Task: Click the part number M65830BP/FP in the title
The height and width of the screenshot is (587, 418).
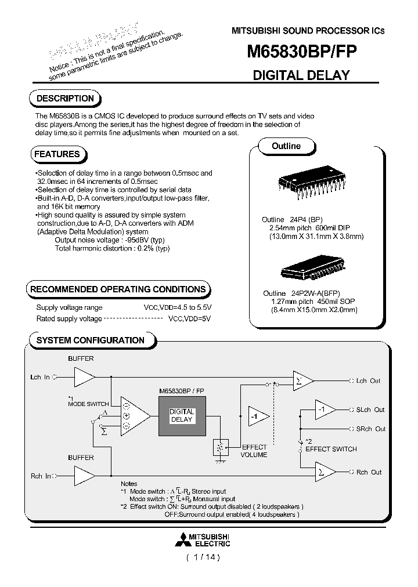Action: pos(298,52)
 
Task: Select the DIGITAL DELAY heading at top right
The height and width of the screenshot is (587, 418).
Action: pos(301,75)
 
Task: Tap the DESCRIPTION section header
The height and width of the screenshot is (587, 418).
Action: pos(65,99)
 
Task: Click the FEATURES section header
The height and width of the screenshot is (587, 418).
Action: pos(57,154)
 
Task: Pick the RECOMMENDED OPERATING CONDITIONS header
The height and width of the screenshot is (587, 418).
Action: pos(118,289)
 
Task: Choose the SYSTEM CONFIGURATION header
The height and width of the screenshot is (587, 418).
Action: pos(90,340)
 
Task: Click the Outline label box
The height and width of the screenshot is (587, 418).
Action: pos(286,146)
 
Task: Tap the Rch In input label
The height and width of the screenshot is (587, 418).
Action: pos(40,476)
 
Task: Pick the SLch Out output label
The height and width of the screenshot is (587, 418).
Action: pos(370,410)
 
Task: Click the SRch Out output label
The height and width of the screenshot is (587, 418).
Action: pos(370,429)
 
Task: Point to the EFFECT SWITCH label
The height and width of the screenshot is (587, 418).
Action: pos(331,449)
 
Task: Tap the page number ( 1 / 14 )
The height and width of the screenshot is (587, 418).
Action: pos(203,557)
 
